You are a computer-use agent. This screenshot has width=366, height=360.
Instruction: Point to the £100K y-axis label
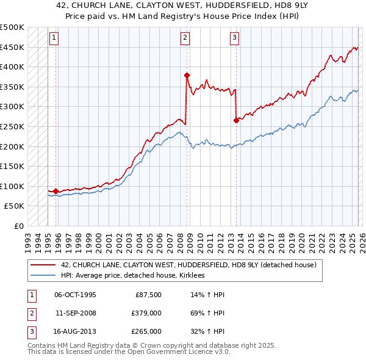pyautogui.click(x=12, y=186)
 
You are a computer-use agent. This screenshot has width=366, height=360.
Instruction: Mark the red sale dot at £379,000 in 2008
pyautogui.click(x=187, y=75)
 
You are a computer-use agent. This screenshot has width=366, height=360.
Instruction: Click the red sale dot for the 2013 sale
pyautogui.click(x=236, y=121)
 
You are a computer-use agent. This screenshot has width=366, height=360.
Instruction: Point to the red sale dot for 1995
pyautogui.click(x=56, y=191)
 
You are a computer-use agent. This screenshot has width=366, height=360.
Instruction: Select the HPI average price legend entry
pyautogui.click(x=132, y=276)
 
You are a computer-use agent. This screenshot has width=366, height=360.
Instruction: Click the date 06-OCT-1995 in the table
pyautogui.click(x=76, y=295)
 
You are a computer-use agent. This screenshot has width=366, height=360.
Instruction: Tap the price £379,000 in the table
pyautogui.click(x=146, y=313)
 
